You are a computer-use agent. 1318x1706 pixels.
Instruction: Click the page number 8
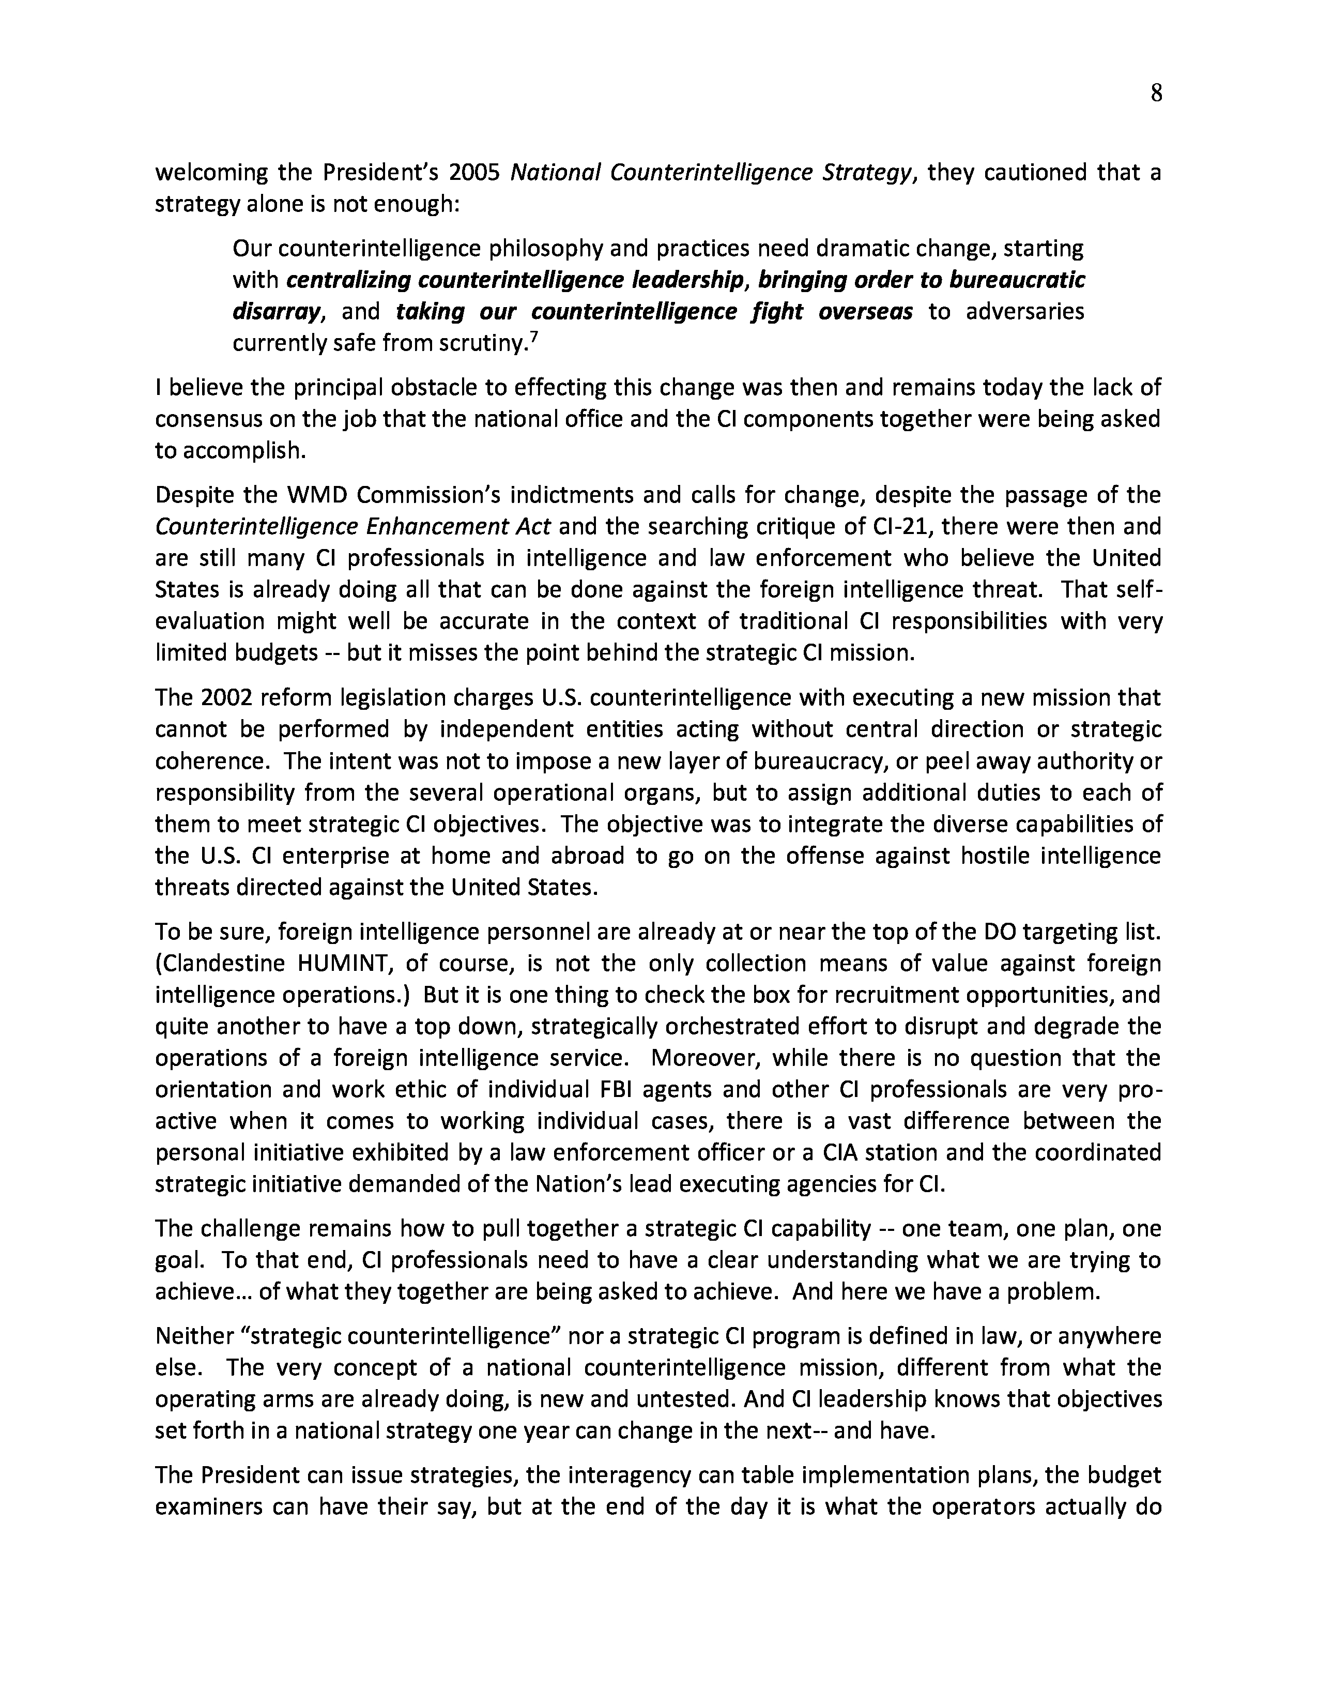pos(1156,94)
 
